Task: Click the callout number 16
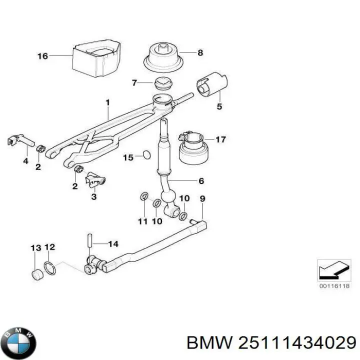tap(42, 56)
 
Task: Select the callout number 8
tap(200, 52)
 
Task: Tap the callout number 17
tap(221, 139)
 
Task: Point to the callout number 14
tap(113, 244)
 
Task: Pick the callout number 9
tap(202, 199)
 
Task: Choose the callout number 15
tap(128, 157)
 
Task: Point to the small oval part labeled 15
tap(145, 154)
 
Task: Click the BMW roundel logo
tap(19, 341)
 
